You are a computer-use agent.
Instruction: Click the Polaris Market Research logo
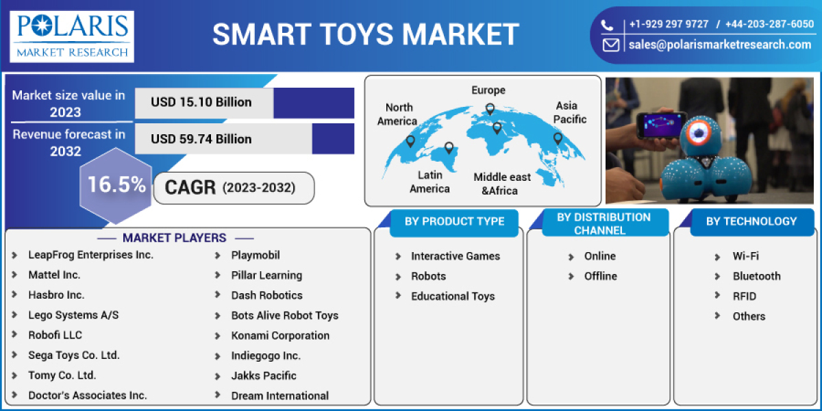coord(72,35)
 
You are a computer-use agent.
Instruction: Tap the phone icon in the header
coord(608,25)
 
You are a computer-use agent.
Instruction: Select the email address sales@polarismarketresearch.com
coord(719,45)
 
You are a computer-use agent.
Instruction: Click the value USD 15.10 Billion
coord(201,103)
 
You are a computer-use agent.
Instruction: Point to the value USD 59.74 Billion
coord(201,139)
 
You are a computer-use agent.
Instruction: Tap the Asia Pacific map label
coord(566,112)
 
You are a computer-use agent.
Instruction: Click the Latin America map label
coord(429,182)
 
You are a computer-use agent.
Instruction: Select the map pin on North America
coord(410,141)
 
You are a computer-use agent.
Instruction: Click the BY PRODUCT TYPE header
coord(454,221)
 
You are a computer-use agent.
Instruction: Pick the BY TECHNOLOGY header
coord(751,221)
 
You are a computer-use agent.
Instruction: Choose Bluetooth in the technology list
coord(756,276)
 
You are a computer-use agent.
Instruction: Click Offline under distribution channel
coord(600,276)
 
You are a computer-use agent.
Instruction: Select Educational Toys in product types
coord(452,296)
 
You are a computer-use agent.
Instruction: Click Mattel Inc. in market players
coord(54,275)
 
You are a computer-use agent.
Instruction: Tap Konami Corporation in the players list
coord(280,336)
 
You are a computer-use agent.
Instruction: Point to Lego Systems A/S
coord(73,315)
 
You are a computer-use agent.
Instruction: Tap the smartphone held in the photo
coord(660,125)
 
